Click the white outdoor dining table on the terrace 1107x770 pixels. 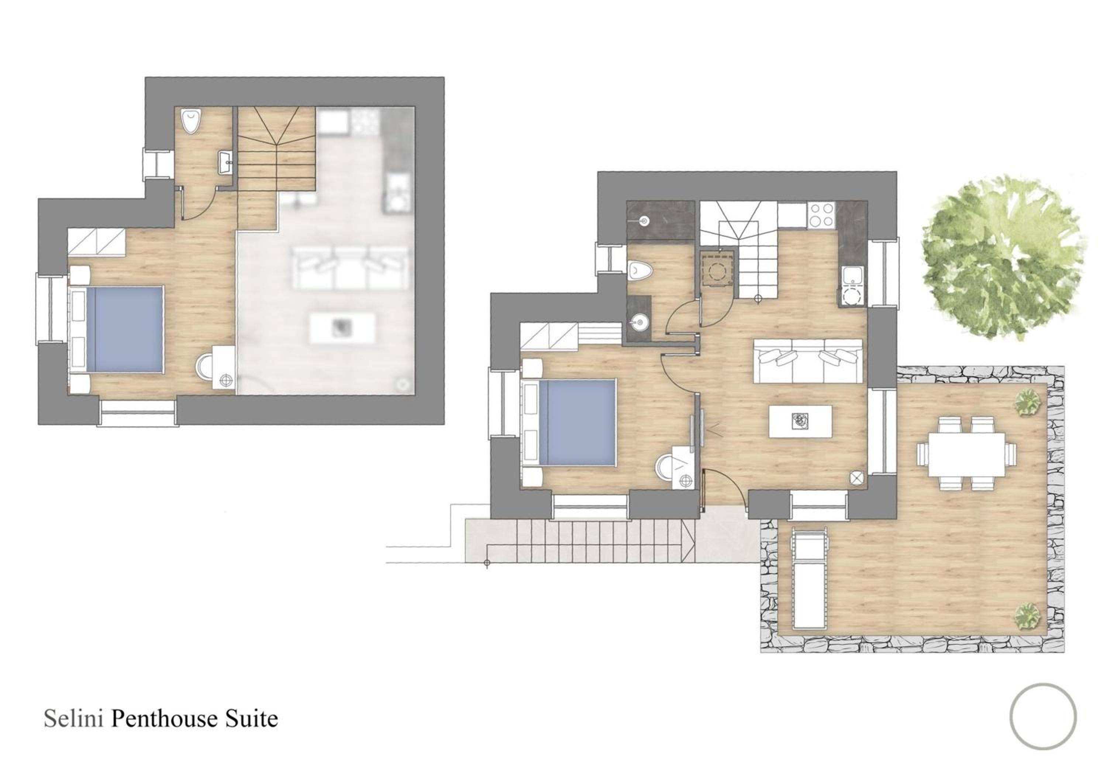point(966,454)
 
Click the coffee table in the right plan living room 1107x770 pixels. point(800,421)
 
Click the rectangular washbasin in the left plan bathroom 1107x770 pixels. point(224,162)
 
